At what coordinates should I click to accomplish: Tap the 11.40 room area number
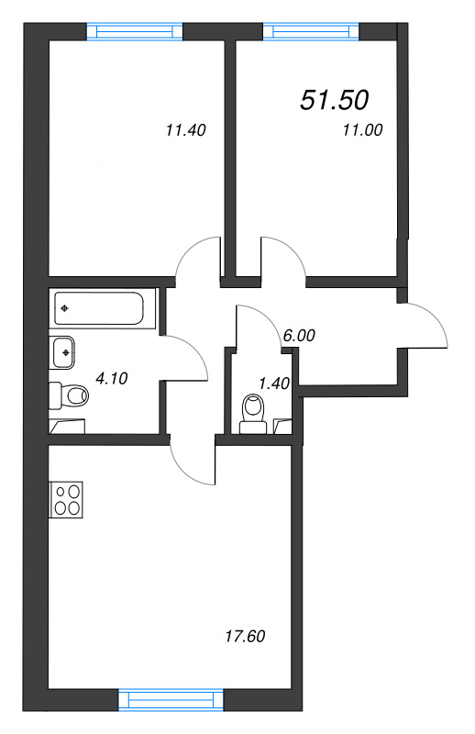pyautogui.click(x=185, y=130)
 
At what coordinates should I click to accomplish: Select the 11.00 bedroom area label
pyautogui.click(x=361, y=130)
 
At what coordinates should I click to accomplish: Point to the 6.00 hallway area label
pyautogui.click(x=299, y=336)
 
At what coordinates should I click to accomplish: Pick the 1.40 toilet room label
pyautogui.click(x=274, y=383)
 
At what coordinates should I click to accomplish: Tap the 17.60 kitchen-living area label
pyautogui.click(x=245, y=636)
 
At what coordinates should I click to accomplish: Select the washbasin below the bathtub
pyautogui.click(x=64, y=350)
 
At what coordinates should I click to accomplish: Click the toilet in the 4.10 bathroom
pyautogui.click(x=70, y=396)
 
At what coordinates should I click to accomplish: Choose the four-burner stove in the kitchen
pyautogui.click(x=67, y=500)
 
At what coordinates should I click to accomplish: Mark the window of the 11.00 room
pyautogui.click(x=309, y=30)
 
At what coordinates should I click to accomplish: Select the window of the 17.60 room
pyautogui.click(x=171, y=701)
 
